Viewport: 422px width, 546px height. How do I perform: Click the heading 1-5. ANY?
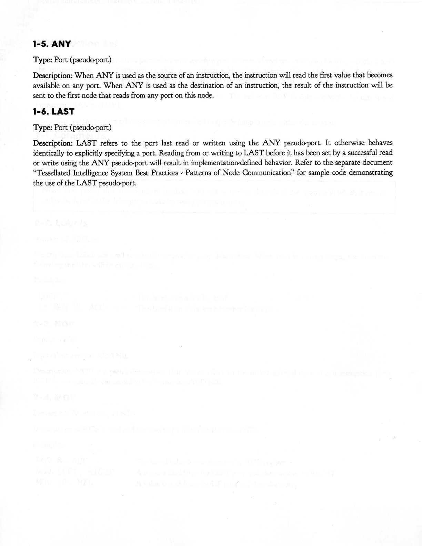52,44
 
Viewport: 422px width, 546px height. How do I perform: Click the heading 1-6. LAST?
53,112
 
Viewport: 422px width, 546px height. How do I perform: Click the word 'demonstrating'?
370,172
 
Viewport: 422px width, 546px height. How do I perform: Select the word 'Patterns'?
198,172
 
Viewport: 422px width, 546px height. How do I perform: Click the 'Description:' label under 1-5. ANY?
53,75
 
